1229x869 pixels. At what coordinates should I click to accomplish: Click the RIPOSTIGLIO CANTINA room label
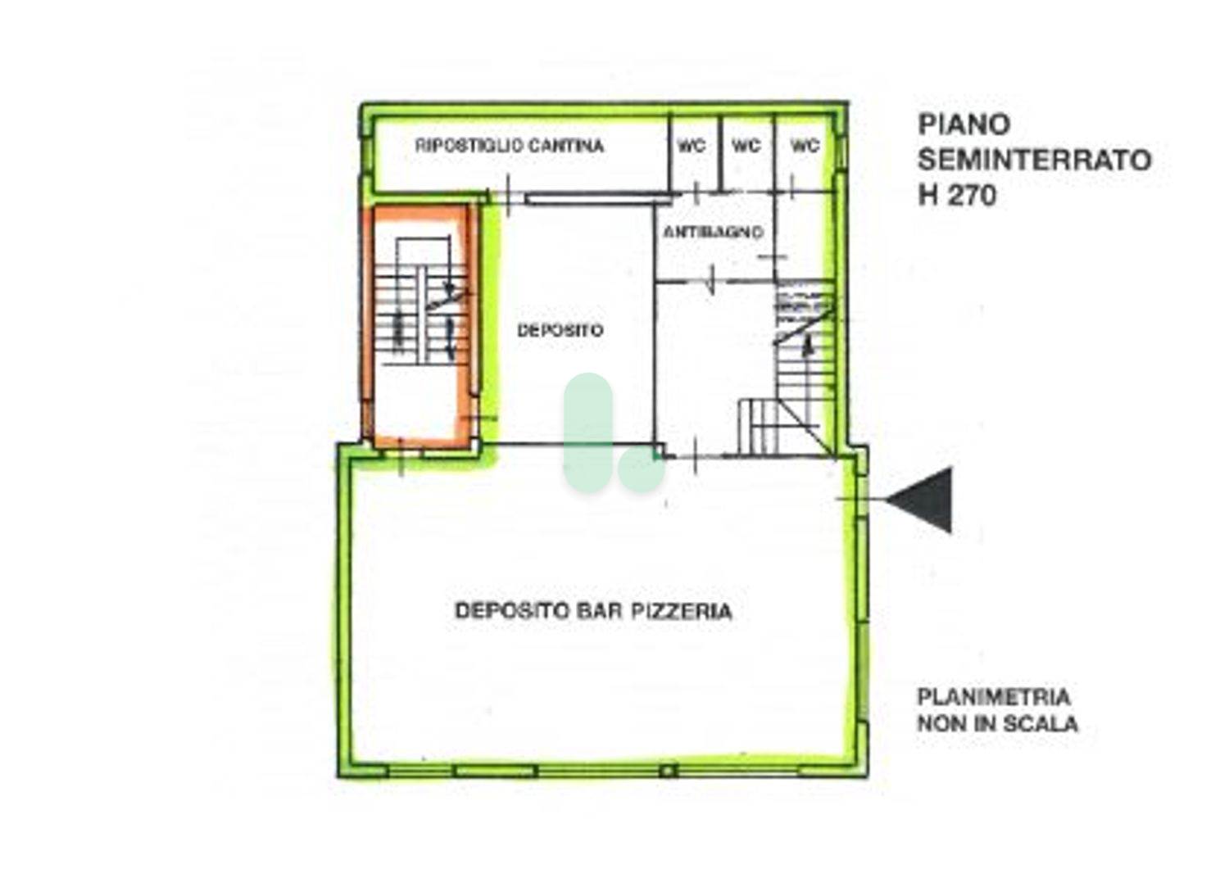pos(509,146)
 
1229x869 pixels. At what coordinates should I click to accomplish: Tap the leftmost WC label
pos(692,146)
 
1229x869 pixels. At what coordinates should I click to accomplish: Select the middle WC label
pos(746,146)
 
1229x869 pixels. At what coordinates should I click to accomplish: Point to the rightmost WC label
pos(805,146)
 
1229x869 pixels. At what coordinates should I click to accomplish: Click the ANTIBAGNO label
pos(714,232)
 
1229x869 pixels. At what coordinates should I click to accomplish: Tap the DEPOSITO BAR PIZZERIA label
pos(594,611)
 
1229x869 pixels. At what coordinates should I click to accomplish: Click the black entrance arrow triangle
pos(918,500)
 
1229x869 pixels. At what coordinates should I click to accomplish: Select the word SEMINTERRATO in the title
pos(1035,161)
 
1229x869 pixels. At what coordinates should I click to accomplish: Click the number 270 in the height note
pos(971,195)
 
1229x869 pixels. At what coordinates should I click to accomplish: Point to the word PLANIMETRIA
pos(994,697)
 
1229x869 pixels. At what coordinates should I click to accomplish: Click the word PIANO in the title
pos(964,124)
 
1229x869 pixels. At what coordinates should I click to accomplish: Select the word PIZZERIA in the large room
pos(682,611)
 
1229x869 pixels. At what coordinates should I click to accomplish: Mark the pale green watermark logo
pos(613,432)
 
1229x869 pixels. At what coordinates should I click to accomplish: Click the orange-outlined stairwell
pos(420,326)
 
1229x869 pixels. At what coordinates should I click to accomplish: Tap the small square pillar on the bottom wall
pos(668,771)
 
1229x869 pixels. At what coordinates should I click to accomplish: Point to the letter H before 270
pos(927,195)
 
